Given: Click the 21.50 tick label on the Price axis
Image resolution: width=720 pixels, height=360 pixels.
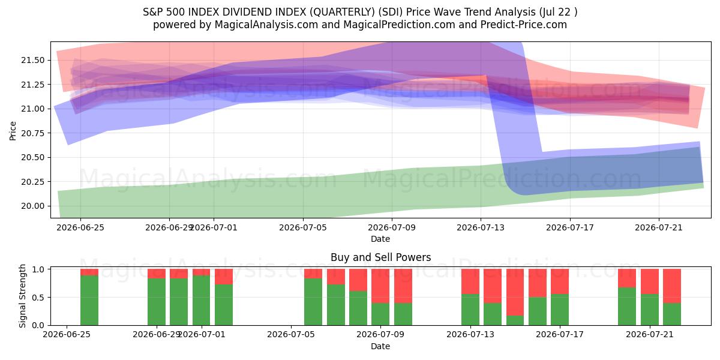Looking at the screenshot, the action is click(x=33, y=60).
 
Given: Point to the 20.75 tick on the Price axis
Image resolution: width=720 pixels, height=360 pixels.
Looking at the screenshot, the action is click(x=33, y=133).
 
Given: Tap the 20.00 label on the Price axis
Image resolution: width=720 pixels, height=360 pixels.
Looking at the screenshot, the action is click(x=33, y=206).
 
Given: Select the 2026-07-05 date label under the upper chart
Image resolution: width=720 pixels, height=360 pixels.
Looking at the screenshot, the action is click(x=303, y=227).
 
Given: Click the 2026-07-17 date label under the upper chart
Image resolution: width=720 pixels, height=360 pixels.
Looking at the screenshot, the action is click(x=570, y=227).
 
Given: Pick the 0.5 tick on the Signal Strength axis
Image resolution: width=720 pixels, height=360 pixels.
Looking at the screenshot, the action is click(x=38, y=298).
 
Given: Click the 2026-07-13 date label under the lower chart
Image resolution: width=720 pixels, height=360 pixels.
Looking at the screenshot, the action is click(x=470, y=334).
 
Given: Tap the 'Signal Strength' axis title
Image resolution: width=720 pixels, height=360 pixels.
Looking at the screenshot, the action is click(x=22, y=296).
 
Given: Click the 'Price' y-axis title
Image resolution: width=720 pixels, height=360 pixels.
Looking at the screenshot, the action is click(x=13, y=131).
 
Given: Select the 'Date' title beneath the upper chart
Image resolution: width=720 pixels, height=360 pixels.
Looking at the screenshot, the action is click(x=380, y=239).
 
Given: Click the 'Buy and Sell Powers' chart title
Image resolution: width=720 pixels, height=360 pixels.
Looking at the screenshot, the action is click(x=380, y=257).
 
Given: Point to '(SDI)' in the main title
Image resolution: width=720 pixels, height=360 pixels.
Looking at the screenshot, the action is click(x=390, y=12).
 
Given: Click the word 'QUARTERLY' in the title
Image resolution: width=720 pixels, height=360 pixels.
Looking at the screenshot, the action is click(x=341, y=12).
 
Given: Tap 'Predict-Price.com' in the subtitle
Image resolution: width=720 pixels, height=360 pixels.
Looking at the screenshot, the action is click(x=524, y=25).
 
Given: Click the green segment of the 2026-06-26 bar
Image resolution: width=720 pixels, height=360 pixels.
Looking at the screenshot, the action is click(x=89, y=300).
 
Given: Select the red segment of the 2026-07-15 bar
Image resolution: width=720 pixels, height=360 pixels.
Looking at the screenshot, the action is click(x=515, y=292).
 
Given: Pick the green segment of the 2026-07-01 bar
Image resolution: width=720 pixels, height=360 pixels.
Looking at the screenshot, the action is click(x=201, y=300).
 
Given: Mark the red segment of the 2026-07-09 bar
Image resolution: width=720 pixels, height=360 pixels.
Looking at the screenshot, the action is click(x=380, y=286).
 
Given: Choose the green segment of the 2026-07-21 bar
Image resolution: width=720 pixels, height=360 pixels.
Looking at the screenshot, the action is click(x=650, y=310).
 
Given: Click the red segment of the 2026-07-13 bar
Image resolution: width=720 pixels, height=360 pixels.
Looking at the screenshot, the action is click(x=470, y=281).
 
